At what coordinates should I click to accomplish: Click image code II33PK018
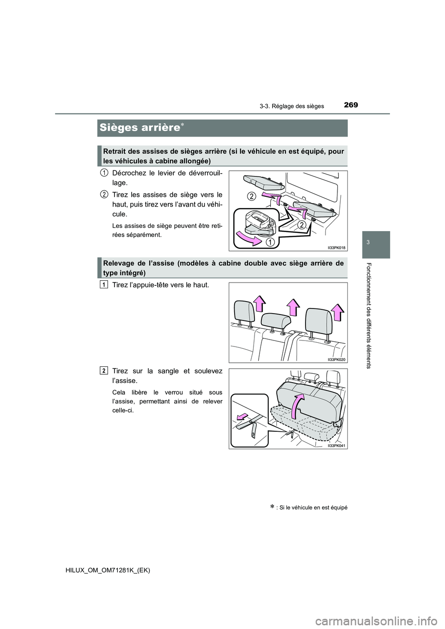point(336,248)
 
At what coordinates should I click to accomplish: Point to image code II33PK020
point(337,359)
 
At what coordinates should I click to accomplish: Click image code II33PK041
point(337,445)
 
